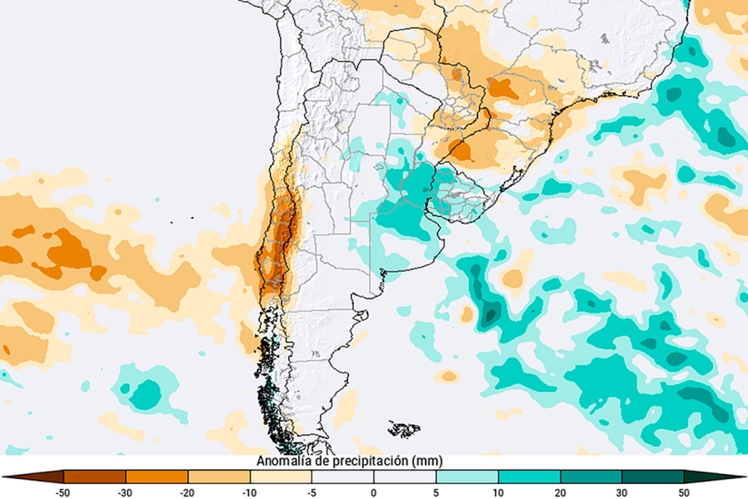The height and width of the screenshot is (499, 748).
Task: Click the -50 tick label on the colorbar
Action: click(63, 492)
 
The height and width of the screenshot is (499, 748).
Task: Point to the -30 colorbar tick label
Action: click(125, 492)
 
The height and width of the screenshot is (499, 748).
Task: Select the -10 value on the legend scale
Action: click(249, 492)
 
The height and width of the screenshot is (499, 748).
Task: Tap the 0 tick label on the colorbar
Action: click(374, 492)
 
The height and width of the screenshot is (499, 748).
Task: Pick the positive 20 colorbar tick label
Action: click(560, 492)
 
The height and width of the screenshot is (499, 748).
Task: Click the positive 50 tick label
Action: click(684, 492)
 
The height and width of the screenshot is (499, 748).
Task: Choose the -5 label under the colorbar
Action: click(312, 492)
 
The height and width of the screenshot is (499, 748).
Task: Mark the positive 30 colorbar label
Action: click(623, 492)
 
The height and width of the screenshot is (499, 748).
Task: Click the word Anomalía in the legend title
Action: click(283, 461)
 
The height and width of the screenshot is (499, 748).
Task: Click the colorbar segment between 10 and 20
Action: click(529, 477)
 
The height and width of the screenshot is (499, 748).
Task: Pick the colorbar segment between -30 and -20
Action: click(157, 477)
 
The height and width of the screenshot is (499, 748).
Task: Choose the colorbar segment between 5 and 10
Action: click(467, 477)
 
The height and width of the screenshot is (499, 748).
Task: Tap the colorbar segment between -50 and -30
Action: click(95, 477)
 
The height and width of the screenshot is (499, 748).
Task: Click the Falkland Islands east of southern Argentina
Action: click(405, 429)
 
